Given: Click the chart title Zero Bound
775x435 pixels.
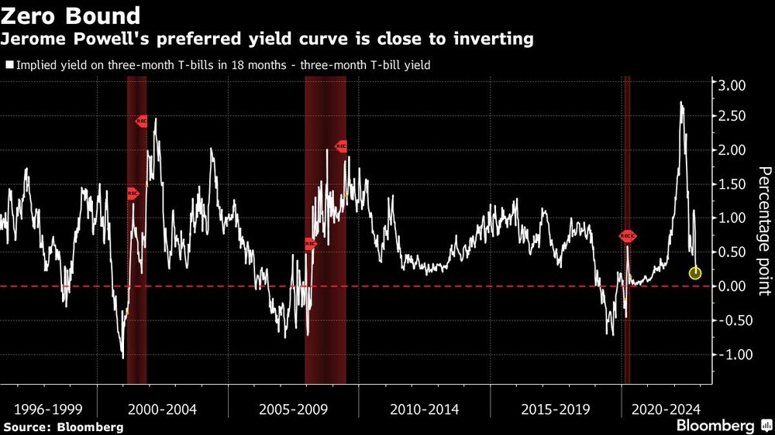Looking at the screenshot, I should point(72,15).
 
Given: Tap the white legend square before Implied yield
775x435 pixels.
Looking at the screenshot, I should point(9,66).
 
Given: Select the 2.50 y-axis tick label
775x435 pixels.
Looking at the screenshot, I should point(730,116).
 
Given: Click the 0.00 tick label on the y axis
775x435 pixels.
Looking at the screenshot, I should point(730,286).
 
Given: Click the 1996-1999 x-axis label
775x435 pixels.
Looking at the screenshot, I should point(50,409).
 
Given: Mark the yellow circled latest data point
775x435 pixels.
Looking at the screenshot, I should point(695,272).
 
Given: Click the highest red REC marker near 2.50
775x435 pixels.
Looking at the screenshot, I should point(142,121).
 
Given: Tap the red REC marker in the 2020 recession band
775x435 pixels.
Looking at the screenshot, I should point(627,236).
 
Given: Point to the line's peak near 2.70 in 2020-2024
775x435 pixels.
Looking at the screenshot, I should point(681,102).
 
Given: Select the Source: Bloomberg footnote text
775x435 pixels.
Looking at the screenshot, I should point(63,426).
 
